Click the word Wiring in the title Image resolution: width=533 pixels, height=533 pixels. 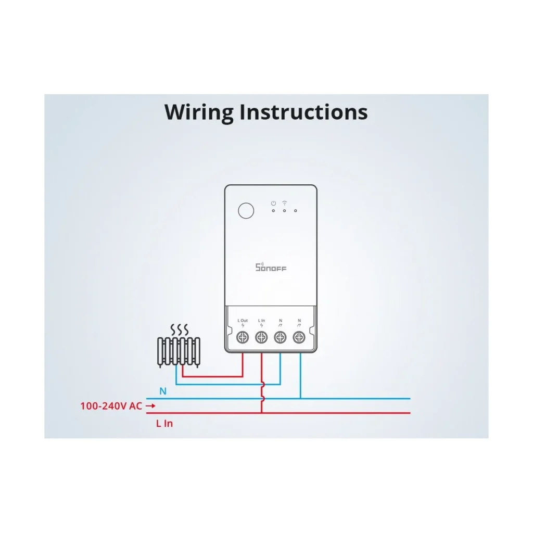point(199,112)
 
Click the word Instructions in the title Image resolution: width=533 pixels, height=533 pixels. point(303,112)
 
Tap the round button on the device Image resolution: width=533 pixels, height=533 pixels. point(246,211)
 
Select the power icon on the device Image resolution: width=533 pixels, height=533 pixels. point(273,204)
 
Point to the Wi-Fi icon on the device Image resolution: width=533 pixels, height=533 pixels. point(285,203)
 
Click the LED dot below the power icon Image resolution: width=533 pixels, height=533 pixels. point(273,211)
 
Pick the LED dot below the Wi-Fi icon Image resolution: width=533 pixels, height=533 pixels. point(285,211)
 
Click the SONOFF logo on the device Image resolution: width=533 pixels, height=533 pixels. point(271,267)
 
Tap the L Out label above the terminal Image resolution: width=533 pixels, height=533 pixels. point(243,321)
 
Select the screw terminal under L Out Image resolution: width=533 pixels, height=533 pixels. point(243,337)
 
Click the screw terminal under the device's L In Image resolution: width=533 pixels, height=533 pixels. point(261,337)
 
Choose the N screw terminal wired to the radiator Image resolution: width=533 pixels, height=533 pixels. point(280,337)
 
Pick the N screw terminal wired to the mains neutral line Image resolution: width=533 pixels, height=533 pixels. point(299,337)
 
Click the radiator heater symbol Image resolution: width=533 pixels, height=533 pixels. point(179,352)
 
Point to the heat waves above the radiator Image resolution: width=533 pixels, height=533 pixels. point(179,329)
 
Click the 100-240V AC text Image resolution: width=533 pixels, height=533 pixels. point(111,406)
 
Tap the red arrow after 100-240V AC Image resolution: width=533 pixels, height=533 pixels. point(150,406)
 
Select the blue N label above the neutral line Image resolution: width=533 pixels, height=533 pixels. point(163,391)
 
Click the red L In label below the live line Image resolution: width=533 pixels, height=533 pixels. point(164,424)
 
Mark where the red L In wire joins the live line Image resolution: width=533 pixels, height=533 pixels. point(262,413)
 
